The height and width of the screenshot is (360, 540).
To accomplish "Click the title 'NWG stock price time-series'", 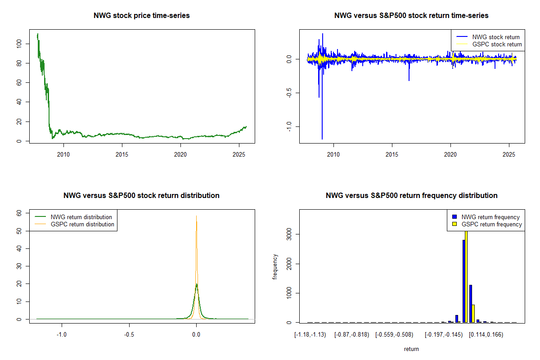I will [x=142, y=16].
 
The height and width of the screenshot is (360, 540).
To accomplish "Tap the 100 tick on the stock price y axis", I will [x=18, y=44].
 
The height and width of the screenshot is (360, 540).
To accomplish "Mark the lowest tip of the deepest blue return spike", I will [x=322, y=139].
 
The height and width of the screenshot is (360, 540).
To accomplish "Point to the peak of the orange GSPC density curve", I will [x=196, y=216].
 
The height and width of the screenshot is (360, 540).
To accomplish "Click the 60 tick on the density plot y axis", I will [x=18, y=213].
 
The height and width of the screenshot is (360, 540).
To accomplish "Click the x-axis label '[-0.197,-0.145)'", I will [x=444, y=335].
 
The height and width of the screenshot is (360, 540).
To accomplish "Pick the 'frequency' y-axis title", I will [x=275, y=266].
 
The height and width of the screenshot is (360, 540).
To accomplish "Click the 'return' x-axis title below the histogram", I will [x=411, y=349].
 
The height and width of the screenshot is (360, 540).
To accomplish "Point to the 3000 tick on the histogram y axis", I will [x=288, y=234].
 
